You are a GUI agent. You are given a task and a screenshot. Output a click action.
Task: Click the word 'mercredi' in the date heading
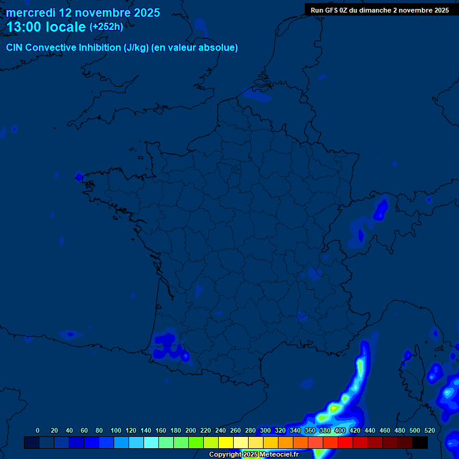30,13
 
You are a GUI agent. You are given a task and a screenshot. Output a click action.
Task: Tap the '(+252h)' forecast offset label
106,27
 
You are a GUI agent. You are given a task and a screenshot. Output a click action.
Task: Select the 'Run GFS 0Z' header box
380,10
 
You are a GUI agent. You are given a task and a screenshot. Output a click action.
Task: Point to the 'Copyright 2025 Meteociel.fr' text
253,454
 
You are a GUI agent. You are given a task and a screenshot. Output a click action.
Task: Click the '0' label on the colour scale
38,430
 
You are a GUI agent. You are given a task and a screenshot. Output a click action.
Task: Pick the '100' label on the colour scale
116,430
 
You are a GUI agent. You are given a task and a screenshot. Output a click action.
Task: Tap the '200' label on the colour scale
191,430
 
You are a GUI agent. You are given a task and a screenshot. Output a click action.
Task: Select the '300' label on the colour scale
265,430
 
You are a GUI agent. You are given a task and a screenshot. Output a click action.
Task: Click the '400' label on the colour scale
340,430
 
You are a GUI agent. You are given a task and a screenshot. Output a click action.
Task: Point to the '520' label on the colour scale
429,430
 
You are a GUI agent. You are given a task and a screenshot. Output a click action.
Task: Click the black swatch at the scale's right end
420,442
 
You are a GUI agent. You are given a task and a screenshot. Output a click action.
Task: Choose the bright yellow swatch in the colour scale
226,442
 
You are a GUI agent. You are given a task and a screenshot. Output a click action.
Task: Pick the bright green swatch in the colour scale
196,442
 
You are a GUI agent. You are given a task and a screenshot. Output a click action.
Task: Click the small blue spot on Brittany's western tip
78,176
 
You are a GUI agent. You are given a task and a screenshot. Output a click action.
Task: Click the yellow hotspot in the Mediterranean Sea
333,408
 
